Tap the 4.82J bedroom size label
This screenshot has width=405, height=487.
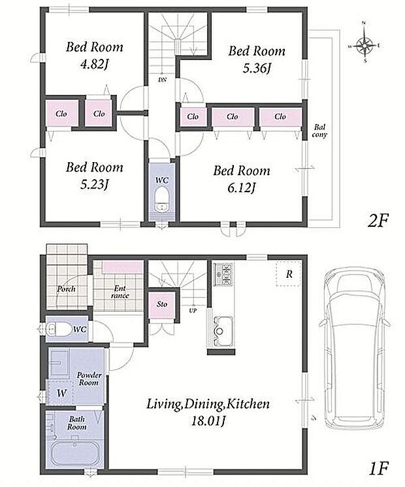[94, 65]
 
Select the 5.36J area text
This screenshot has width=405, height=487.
[257, 68]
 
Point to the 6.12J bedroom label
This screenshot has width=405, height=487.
[242, 188]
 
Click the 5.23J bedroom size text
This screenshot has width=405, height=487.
[94, 184]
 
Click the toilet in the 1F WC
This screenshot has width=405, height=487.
[61, 329]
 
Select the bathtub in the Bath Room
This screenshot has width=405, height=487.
[75, 453]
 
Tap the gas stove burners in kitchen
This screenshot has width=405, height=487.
[223, 274]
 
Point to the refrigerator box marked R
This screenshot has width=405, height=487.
[289, 274]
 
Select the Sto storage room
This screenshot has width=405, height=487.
[162, 305]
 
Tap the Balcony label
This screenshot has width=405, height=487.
[319, 131]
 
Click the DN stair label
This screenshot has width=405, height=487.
[162, 80]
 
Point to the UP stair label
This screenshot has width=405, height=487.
[193, 310]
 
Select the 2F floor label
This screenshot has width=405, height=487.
[378, 221]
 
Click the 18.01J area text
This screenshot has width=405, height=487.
[208, 421]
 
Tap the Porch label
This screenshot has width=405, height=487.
[66, 289]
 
